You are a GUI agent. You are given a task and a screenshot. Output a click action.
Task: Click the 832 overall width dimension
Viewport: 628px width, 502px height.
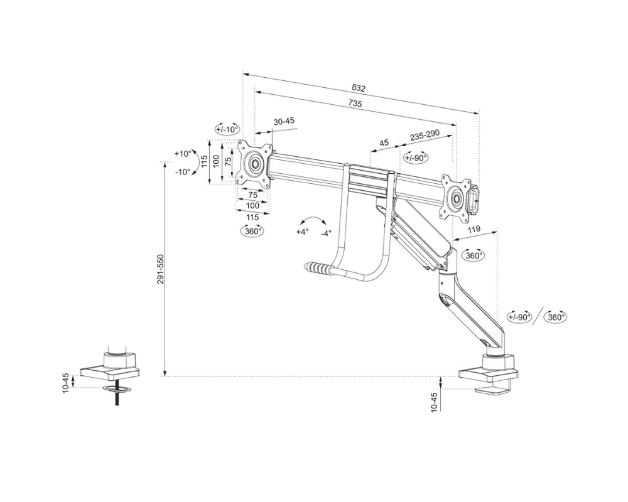click(359, 88)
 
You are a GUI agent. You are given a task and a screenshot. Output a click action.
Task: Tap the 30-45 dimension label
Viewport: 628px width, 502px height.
click(284, 121)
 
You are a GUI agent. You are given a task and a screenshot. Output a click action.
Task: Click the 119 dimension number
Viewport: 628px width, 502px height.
click(475, 230)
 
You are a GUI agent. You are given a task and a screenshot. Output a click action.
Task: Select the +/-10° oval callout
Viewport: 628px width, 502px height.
click(227, 129)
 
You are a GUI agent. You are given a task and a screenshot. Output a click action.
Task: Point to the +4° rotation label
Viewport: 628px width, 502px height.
click(303, 232)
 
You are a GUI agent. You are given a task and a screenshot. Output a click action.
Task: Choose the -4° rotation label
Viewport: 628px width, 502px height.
click(325, 233)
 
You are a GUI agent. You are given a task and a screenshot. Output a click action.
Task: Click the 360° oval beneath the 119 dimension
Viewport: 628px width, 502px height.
click(474, 255)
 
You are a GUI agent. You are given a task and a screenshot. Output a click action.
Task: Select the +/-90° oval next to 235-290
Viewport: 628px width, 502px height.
click(416, 158)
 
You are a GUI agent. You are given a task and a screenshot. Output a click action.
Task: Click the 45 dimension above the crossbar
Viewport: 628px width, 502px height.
click(384, 143)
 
